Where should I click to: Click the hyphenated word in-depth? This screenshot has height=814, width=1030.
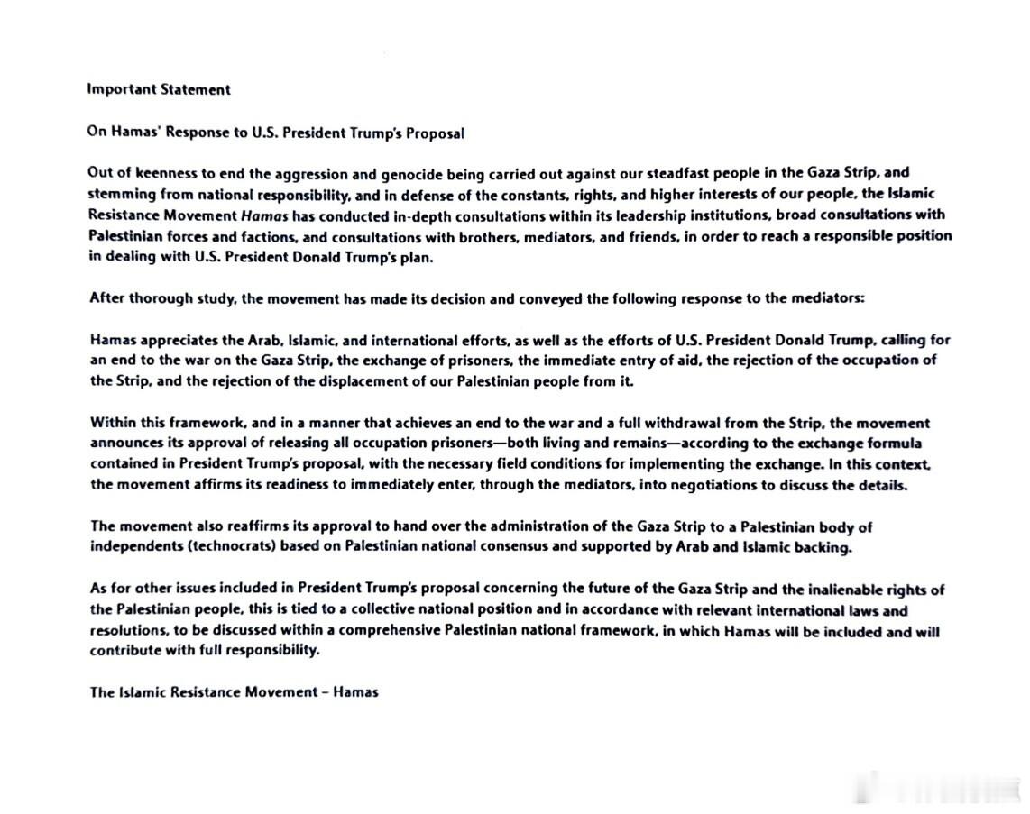coord(422,215)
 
